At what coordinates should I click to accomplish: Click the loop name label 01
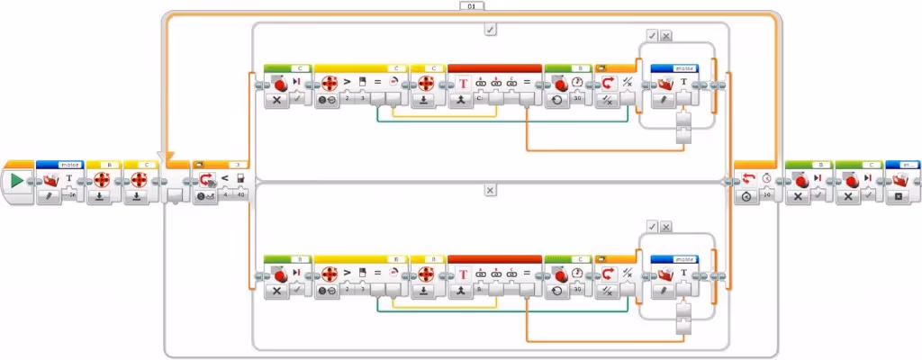pos(472,5)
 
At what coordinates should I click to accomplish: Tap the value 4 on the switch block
pos(225,194)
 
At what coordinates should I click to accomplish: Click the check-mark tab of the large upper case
pos(490,29)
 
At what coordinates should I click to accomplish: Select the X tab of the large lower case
pos(490,191)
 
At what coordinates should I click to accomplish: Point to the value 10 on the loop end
pos(767,194)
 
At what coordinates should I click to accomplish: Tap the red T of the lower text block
pos(462,274)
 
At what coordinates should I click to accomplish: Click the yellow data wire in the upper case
pos(450,115)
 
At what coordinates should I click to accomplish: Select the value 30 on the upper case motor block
pos(577,99)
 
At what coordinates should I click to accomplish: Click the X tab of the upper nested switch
pos(665,36)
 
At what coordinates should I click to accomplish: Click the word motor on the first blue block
pos(68,165)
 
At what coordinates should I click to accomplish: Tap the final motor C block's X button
pos(849,194)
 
